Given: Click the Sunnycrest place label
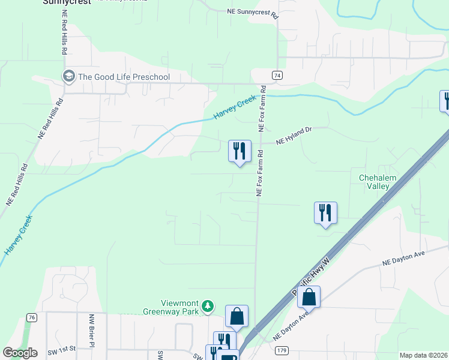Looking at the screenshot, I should pyautogui.click(x=67, y=2).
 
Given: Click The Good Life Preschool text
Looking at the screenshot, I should pyautogui.click(x=124, y=77).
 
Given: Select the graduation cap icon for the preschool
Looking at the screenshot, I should pyautogui.click(x=69, y=76).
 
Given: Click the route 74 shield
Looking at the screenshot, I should pyautogui.click(x=277, y=75).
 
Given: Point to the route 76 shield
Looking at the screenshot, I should pyautogui.click(x=32, y=317).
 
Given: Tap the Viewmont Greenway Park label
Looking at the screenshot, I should pyautogui.click(x=171, y=307).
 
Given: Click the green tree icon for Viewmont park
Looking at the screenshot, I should pyautogui.click(x=208, y=307).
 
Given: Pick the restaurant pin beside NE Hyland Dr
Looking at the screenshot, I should pyautogui.click(x=240, y=151).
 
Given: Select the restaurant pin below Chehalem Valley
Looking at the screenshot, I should pyautogui.click(x=325, y=213).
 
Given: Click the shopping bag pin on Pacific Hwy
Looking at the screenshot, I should pyautogui.click(x=309, y=297).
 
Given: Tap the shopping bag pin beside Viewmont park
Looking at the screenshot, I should pyautogui.click(x=237, y=316).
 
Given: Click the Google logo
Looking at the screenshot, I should pyautogui.click(x=20, y=353).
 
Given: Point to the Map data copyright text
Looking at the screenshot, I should pyautogui.click(x=423, y=355).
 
